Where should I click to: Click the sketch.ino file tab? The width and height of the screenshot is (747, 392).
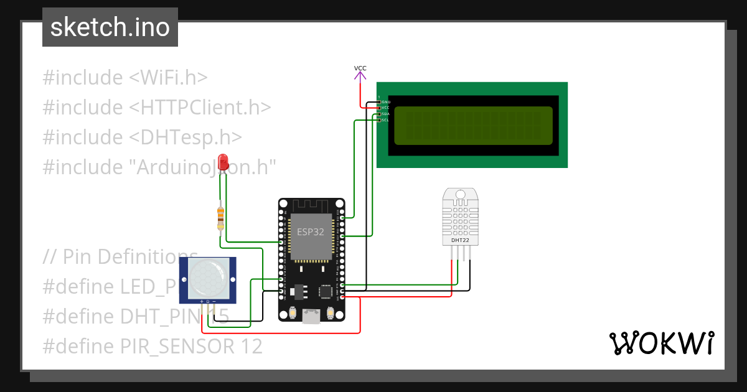coord(110,27)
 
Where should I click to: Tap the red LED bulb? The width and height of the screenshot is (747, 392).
coord(223,161)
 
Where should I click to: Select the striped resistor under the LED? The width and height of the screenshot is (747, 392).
coord(220,218)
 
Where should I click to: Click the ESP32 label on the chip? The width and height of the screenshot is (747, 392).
coord(310,231)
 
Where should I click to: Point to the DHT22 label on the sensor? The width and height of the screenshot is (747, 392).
coord(460,240)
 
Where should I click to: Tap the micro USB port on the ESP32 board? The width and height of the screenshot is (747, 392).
coord(311,317)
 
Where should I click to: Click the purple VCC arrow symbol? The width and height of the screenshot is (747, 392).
coord(360,77)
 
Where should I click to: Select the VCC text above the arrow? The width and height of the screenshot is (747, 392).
coord(360,68)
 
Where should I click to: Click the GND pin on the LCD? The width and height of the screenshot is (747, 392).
coord(379,101)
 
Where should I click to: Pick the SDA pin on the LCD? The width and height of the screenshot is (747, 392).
coord(379,114)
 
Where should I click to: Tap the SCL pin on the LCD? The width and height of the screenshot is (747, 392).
coord(379,120)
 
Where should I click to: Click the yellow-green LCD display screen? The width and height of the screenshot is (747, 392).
coord(473,124)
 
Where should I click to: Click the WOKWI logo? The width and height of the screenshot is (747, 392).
coord(661,343)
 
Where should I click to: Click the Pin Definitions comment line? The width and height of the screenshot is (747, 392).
coord(121,256)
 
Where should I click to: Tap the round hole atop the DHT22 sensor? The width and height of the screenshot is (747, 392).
coord(460,195)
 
